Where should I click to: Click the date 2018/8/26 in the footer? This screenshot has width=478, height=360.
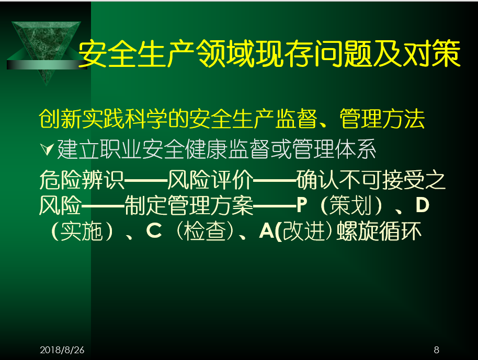point(62,350)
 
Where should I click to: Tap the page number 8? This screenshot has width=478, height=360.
point(437,350)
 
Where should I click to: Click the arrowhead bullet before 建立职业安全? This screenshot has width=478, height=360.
point(47,149)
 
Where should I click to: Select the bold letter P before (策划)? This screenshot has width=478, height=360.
point(301,205)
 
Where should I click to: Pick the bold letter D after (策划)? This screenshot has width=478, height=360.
point(423,205)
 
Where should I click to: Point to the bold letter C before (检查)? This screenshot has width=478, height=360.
point(154,230)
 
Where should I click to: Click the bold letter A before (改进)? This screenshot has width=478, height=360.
point(266,230)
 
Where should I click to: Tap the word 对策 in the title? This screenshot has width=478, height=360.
point(431,54)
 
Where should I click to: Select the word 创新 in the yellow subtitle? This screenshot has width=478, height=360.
point(60,119)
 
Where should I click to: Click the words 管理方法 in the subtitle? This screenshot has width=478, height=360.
point(382,119)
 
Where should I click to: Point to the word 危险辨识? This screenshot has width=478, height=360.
point(82,180)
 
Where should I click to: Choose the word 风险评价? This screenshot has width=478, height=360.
point(210,180)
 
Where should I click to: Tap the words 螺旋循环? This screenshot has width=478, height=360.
point(379,231)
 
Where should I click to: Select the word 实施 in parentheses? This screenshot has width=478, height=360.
point(82,231)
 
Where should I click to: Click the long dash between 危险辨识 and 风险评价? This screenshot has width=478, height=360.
point(146,180)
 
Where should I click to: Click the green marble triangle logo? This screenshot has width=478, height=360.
point(47,52)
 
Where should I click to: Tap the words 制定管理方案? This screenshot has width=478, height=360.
point(189,205)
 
